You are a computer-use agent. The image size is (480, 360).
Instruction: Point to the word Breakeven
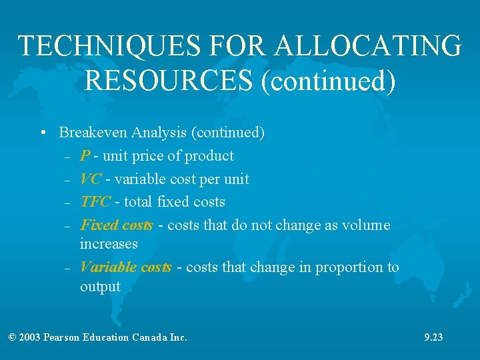pos(93,133)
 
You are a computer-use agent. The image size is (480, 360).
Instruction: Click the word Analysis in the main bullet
pos(159,133)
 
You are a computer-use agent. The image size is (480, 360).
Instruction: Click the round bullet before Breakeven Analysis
pos(43,133)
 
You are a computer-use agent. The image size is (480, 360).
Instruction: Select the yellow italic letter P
pos(85,156)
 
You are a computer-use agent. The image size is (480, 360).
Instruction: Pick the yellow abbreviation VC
pos(90,179)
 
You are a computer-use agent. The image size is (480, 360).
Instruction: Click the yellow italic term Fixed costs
pos(117,225)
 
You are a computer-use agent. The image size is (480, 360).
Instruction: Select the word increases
pos(109,244)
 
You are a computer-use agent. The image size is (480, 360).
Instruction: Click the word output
pos(100,287)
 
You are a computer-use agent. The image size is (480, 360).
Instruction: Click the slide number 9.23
pos(433,337)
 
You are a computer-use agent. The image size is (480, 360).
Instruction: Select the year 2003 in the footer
pos(29,337)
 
